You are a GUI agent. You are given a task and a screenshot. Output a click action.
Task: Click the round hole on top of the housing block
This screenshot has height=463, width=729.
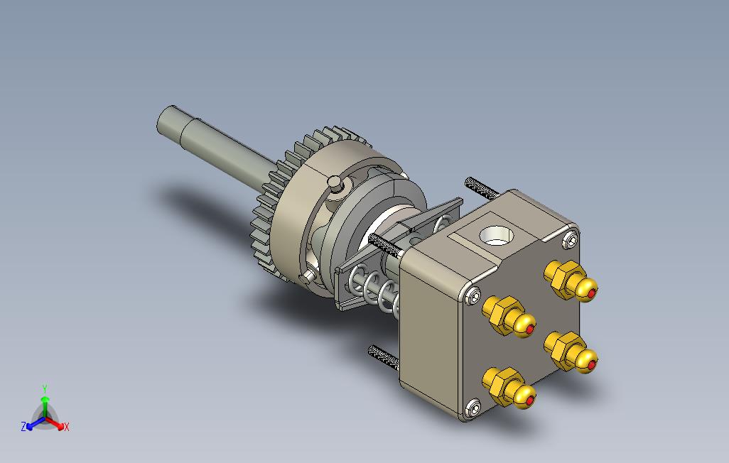[x=495, y=234]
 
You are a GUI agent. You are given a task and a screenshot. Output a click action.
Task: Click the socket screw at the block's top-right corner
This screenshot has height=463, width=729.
[x=570, y=240]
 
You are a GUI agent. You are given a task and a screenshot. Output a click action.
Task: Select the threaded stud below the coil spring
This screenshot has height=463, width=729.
[x=384, y=356]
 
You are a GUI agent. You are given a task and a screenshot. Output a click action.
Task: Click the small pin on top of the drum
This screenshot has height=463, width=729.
[x=335, y=182]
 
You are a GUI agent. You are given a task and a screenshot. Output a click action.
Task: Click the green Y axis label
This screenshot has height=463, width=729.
[x=45, y=388]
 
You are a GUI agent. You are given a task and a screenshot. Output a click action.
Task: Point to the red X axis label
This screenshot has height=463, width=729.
[x=67, y=427]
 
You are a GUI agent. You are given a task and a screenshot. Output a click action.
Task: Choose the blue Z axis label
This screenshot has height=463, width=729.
[x=23, y=427]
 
